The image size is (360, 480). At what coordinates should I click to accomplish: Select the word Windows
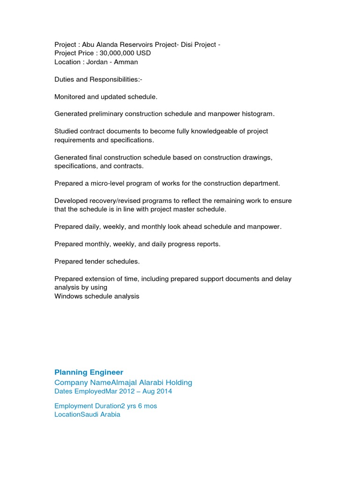click(x=68, y=296)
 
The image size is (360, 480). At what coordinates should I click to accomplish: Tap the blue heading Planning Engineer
click(x=89, y=372)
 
